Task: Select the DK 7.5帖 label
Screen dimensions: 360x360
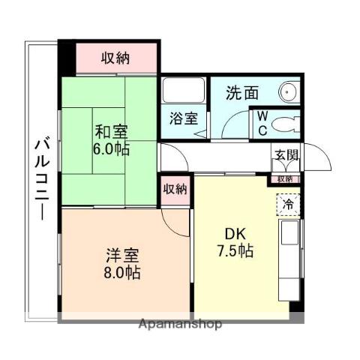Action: click(233, 242)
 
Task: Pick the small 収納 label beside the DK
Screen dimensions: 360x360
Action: click(175, 189)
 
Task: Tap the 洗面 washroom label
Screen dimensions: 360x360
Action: click(242, 94)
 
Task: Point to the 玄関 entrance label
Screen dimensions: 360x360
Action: click(285, 155)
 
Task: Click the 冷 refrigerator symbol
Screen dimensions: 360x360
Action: click(289, 204)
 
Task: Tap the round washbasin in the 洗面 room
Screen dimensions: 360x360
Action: click(289, 92)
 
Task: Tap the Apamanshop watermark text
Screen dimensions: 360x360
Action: click(179, 324)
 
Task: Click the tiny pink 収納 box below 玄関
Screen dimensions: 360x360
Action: click(285, 178)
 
